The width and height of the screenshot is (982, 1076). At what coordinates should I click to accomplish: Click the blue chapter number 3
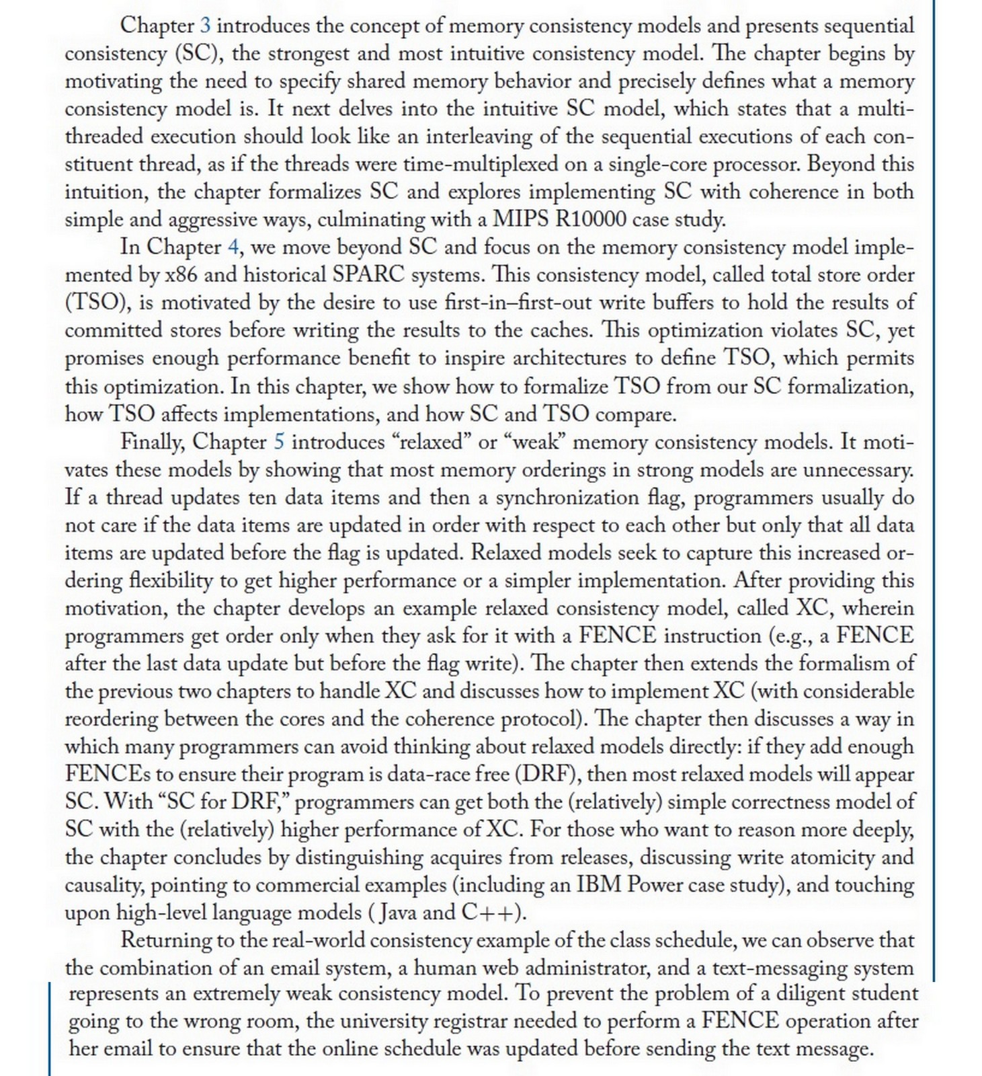(206, 26)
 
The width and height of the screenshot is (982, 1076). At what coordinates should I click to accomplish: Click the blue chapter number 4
(233, 247)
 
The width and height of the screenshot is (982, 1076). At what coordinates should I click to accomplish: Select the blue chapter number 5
(279, 442)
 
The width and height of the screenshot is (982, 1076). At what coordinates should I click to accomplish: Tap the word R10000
(591, 219)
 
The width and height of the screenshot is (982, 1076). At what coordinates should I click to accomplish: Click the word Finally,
(151, 442)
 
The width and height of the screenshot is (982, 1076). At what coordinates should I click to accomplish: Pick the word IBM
(599, 884)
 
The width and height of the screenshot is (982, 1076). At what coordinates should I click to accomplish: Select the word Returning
(169, 940)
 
